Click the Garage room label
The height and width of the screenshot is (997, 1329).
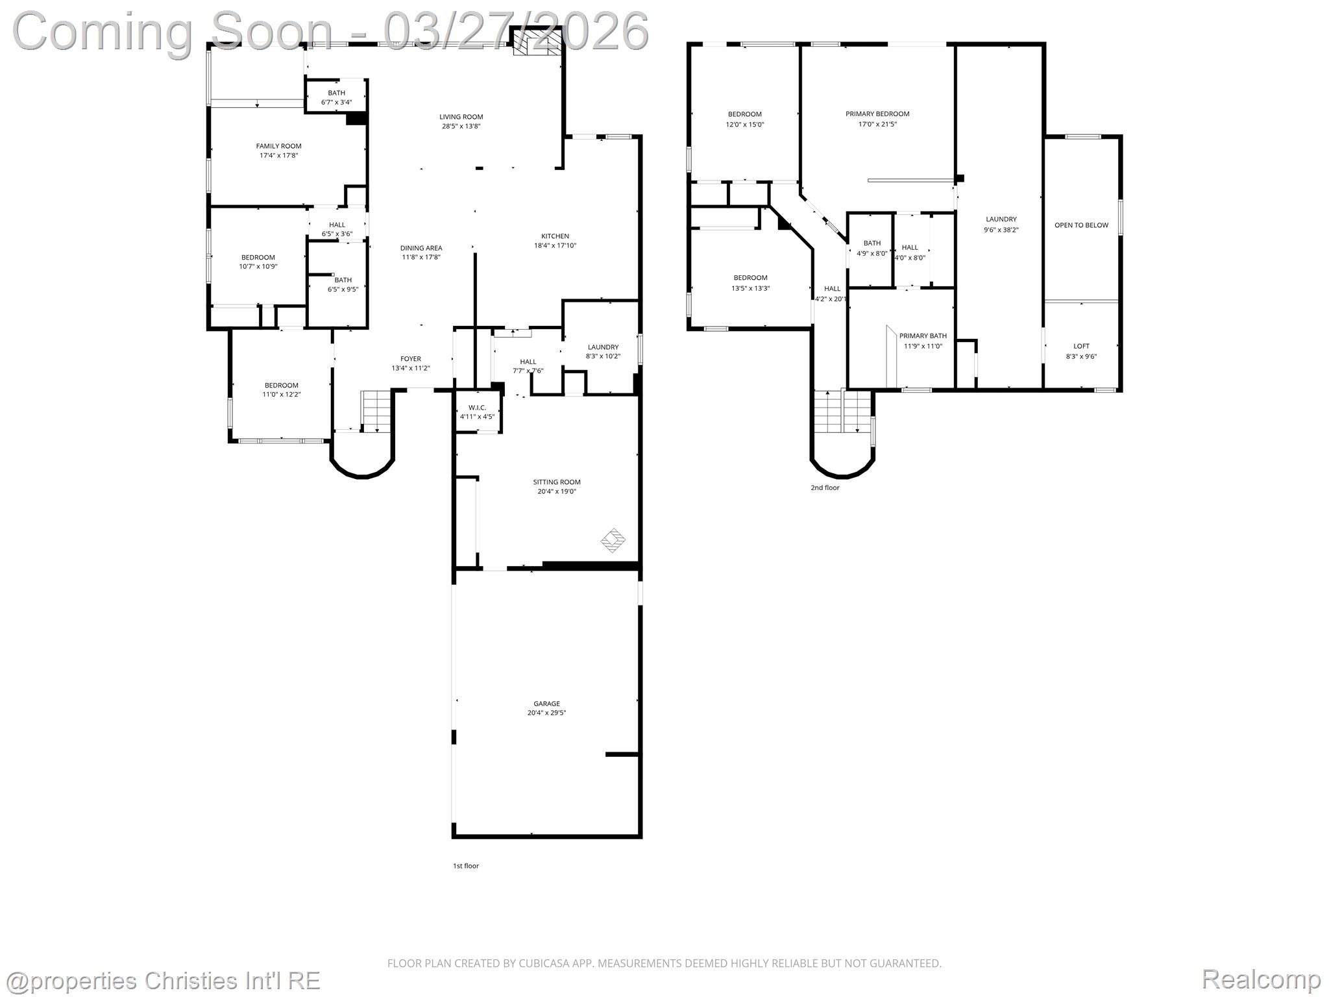point(546,704)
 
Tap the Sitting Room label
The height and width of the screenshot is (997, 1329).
point(556,482)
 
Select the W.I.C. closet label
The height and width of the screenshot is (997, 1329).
point(477,408)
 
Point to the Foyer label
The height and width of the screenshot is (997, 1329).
point(410,359)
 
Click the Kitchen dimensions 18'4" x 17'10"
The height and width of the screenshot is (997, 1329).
point(555,246)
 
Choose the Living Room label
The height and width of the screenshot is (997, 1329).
point(461,117)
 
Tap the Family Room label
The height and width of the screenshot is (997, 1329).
point(278,146)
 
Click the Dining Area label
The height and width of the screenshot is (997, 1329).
point(421,248)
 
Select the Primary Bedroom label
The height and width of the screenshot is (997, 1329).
point(877,114)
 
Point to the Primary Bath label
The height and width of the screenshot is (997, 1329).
point(923,336)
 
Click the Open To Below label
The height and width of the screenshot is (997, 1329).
point(1081,225)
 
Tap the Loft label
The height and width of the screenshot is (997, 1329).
point(1081,347)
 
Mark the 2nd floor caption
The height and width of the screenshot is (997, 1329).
point(825,487)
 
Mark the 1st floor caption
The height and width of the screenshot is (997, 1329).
point(466,866)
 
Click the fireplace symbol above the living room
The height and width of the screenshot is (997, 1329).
point(536,43)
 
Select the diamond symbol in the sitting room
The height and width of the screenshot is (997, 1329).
point(613,540)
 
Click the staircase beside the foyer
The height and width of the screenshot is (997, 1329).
point(376,410)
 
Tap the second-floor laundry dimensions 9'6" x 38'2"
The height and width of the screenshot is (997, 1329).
point(1001,230)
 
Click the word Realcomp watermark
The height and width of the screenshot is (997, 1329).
point(1261,979)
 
